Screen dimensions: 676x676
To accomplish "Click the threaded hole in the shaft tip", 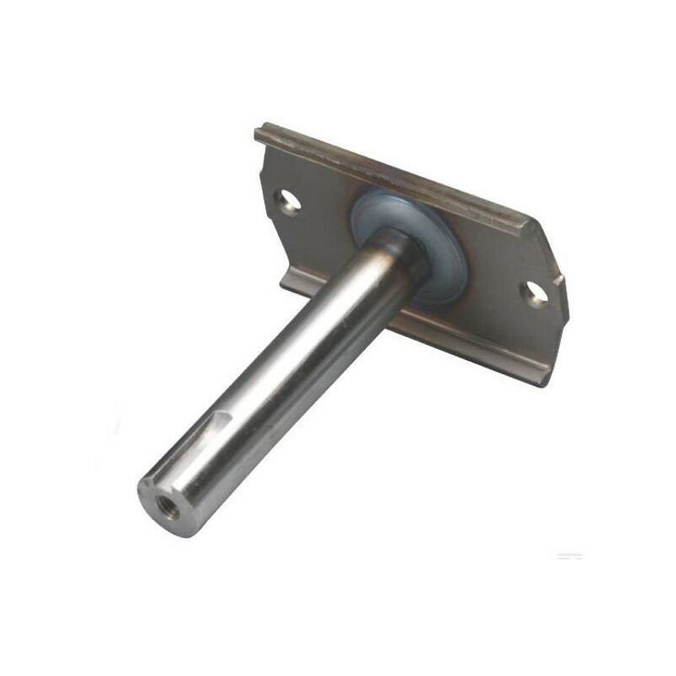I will [159, 494].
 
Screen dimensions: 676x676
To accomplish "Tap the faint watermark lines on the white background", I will [569, 556].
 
